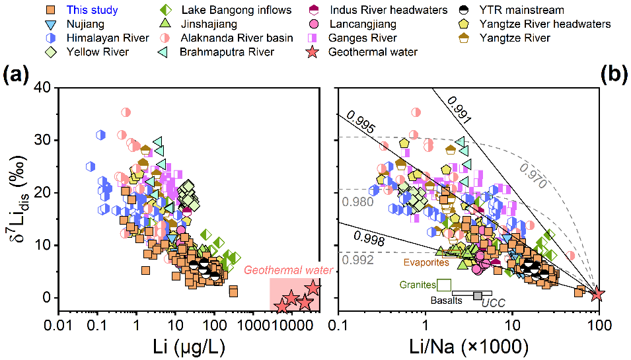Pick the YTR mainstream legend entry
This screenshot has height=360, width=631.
502,10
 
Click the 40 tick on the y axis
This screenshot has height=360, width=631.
40,88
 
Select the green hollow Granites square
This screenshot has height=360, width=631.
444,285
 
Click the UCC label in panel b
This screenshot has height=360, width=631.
492,303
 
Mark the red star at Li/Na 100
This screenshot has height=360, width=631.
597,294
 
